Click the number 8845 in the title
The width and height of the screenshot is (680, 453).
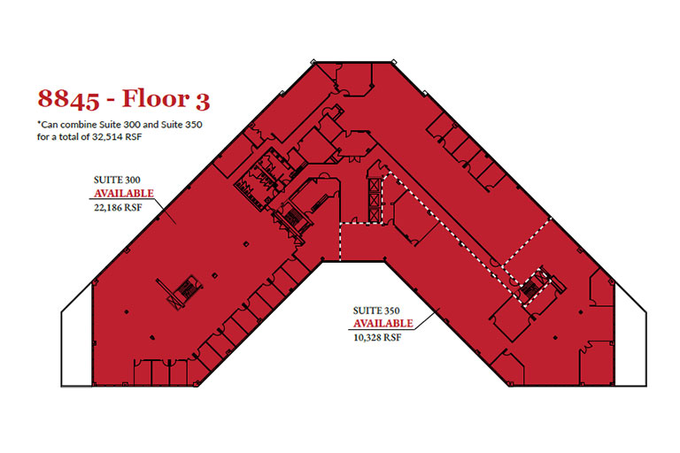(68, 98)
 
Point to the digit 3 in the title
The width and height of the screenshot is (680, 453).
(203, 101)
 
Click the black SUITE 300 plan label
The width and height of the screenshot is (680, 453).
(117, 180)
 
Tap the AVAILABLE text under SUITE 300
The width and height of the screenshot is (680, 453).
(124, 193)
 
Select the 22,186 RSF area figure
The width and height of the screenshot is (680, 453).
(118, 207)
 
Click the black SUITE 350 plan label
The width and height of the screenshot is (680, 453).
(376, 311)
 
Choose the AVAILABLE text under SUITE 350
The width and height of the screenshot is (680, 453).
(382, 324)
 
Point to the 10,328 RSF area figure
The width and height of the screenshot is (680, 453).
(377, 337)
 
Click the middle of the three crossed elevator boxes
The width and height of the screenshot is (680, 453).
(374, 200)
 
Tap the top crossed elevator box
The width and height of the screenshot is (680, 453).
(374, 185)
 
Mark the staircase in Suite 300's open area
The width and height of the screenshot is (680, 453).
(184, 288)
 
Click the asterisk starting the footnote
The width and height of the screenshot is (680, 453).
(39, 123)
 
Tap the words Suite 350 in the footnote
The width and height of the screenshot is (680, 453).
(182, 125)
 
